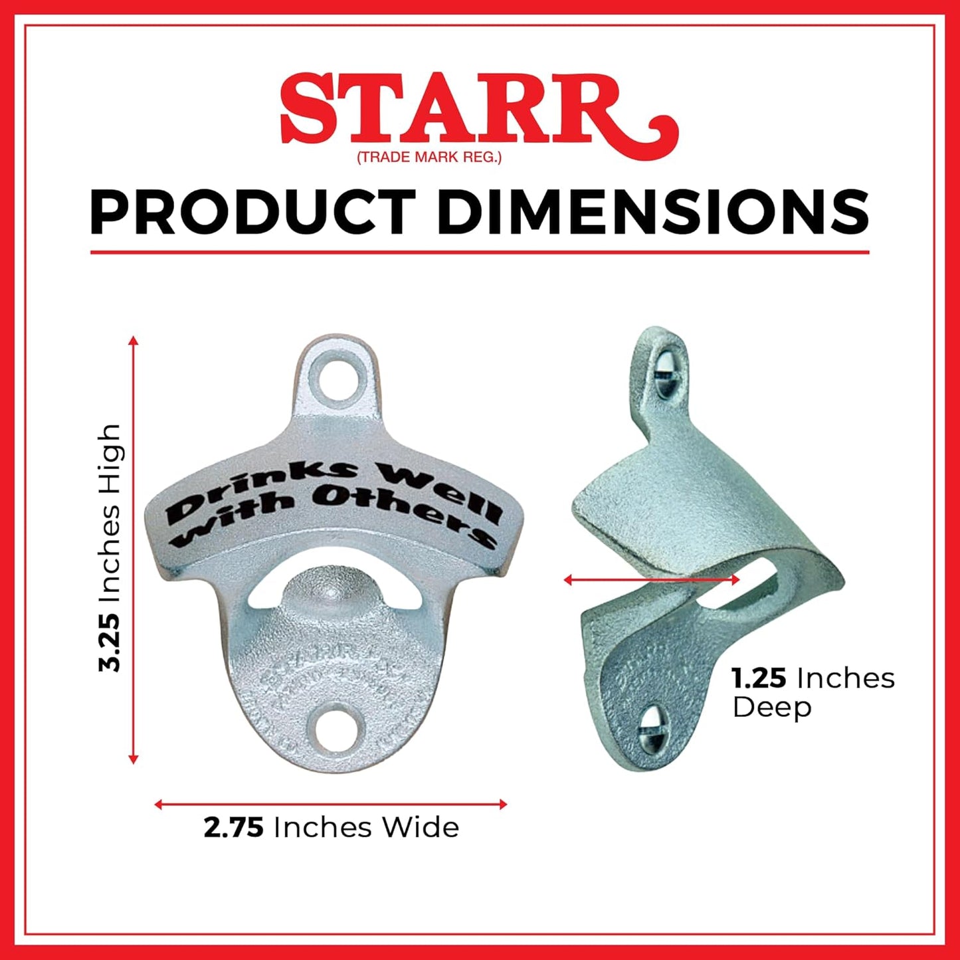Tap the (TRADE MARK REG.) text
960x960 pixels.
429,157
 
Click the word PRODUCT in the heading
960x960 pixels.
252,212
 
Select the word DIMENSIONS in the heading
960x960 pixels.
652,212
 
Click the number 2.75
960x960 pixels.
234,828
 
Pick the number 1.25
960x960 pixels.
759,679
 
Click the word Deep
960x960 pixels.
772,708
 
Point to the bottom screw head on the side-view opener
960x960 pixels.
650,729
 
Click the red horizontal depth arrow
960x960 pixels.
651,580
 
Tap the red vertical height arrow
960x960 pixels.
134,550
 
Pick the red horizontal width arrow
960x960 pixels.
330,805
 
